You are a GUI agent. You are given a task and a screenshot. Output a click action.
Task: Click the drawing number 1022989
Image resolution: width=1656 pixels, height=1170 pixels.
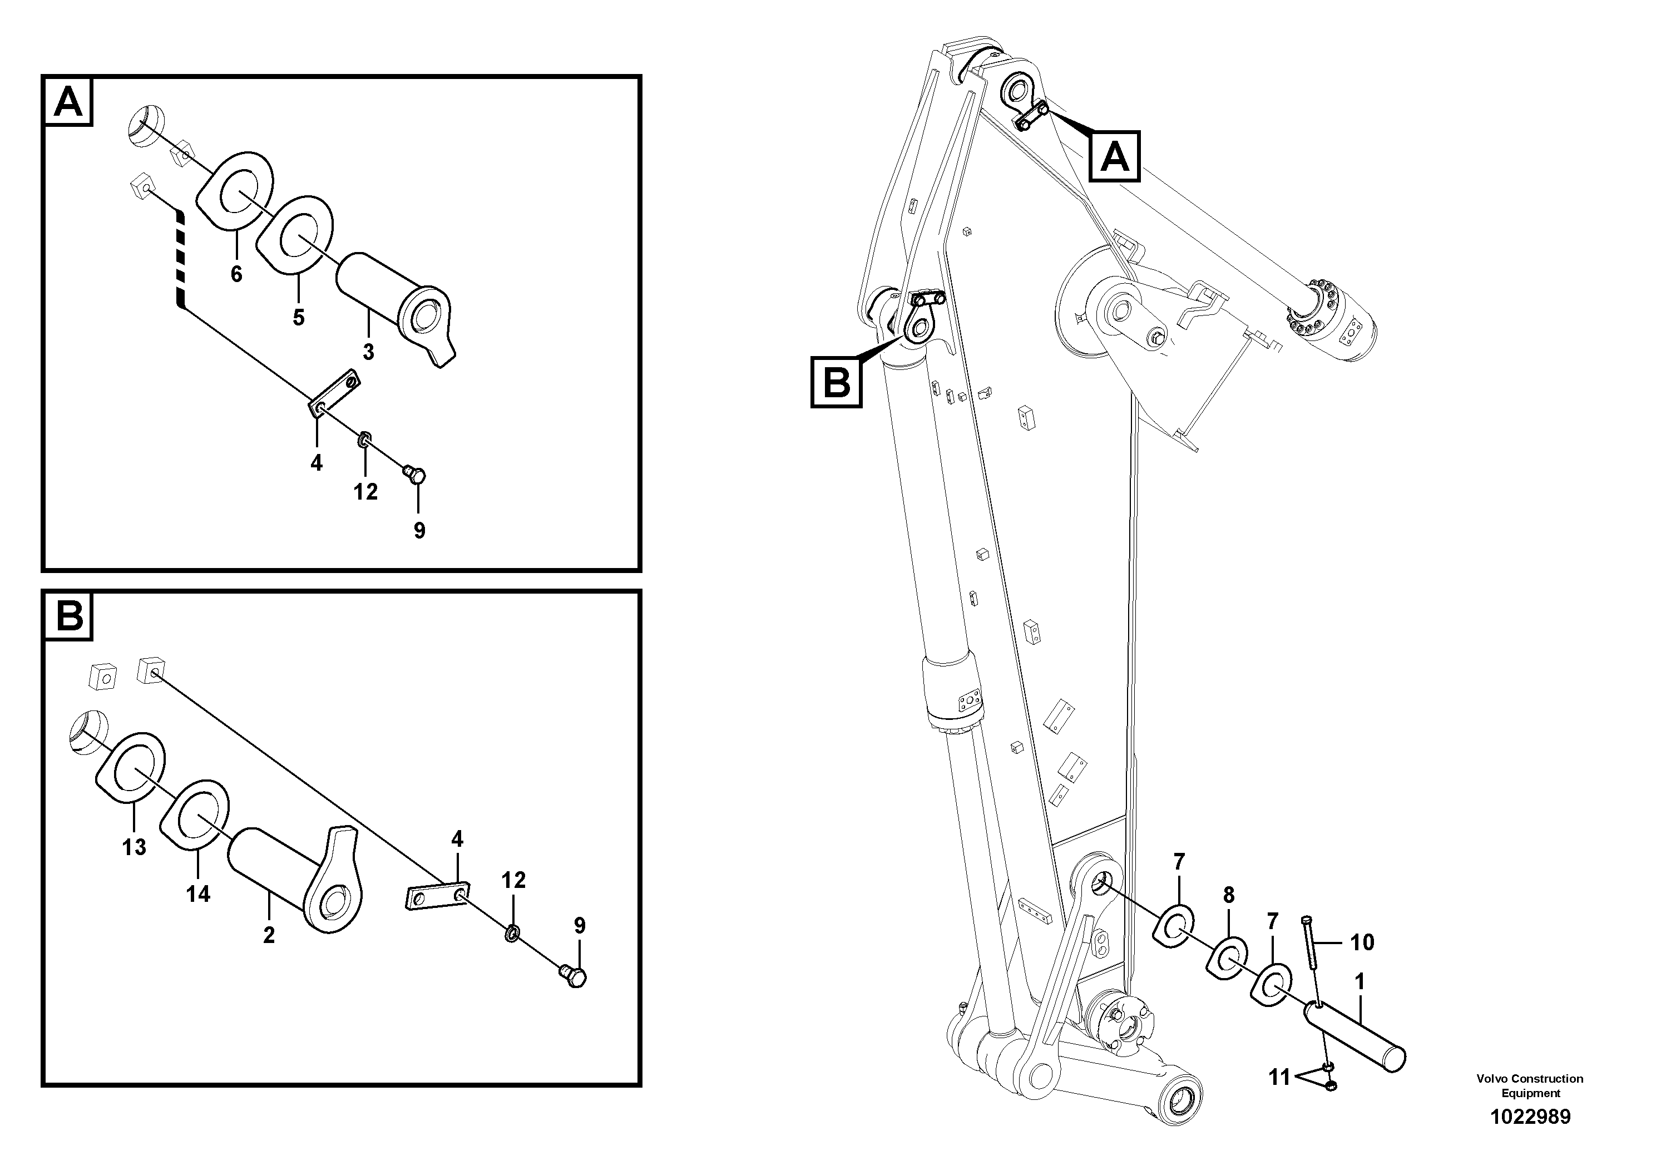pos(1529,1117)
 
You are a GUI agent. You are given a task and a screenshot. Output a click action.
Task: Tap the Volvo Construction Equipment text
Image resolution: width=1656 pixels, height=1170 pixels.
pos(1529,1085)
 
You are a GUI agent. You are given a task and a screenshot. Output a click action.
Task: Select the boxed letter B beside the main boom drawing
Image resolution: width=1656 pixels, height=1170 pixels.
pos(836,382)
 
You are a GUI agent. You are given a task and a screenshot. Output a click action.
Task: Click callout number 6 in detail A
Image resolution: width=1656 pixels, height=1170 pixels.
pos(236,274)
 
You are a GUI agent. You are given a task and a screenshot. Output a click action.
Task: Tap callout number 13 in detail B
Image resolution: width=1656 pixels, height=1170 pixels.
pos(134,847)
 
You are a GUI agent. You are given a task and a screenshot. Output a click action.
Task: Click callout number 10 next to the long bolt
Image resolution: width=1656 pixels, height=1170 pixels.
pos(1362,942)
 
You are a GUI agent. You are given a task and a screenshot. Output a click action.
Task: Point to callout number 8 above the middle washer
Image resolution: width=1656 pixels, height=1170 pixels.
pos(1228,895)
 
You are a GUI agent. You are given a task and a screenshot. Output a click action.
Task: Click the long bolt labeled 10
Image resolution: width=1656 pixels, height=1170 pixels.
pos(1311,959)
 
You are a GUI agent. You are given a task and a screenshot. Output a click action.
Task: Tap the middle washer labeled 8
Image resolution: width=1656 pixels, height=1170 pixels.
pos(1226,957)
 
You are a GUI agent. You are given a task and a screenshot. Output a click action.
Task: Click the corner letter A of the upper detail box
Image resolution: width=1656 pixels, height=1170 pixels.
pos(68,102)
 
